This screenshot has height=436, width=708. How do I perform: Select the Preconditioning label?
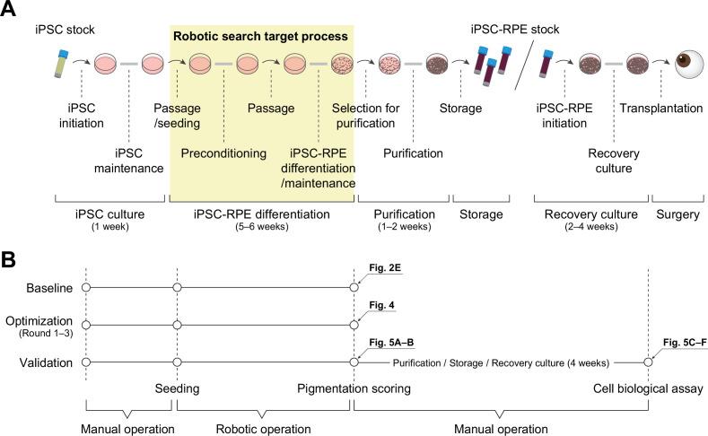tap(223, 153)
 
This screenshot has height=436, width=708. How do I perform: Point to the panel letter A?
tap(10, 11)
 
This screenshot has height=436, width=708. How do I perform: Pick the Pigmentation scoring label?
tap(354, 390)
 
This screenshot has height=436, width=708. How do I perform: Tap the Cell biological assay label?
tap(648, 390)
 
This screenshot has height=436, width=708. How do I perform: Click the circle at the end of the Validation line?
tap(647, 362)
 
